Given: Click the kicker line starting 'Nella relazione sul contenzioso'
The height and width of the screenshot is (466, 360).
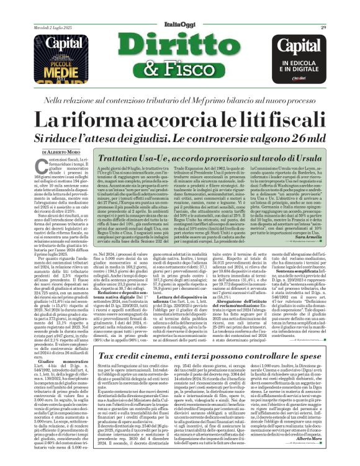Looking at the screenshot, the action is point(181,99).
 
